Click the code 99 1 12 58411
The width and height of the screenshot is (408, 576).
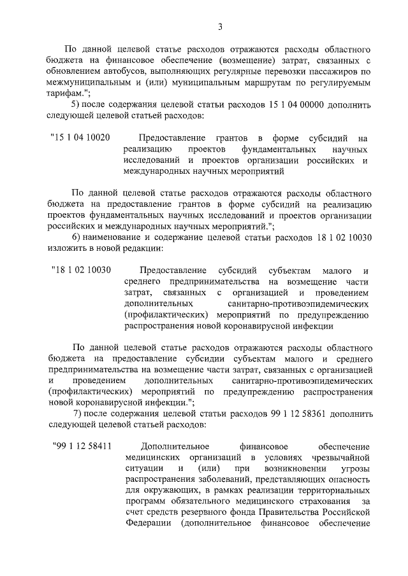click(x=82, y=446)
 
